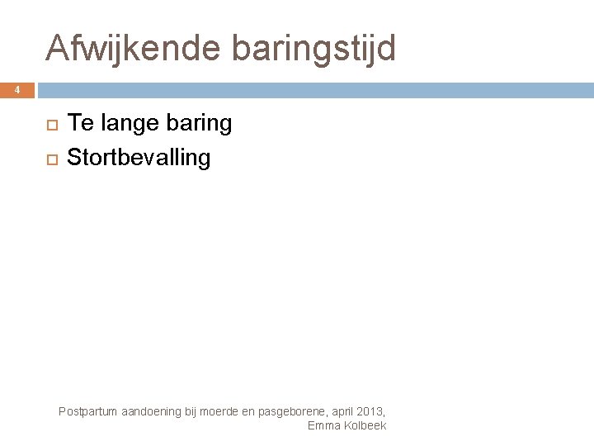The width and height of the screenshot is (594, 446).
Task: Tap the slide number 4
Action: coord(17,89)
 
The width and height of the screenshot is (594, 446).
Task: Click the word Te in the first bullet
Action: coord(78,124)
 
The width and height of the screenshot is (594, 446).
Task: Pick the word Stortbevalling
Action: coord(139,157)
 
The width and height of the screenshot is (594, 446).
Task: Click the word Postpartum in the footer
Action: coord(89,411)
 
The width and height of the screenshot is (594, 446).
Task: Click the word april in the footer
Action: coord(346,411)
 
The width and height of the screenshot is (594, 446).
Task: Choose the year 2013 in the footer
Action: coord(372,411)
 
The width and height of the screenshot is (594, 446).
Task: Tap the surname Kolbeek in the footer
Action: coord(364,425)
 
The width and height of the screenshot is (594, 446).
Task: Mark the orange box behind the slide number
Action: coord(17,89)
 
